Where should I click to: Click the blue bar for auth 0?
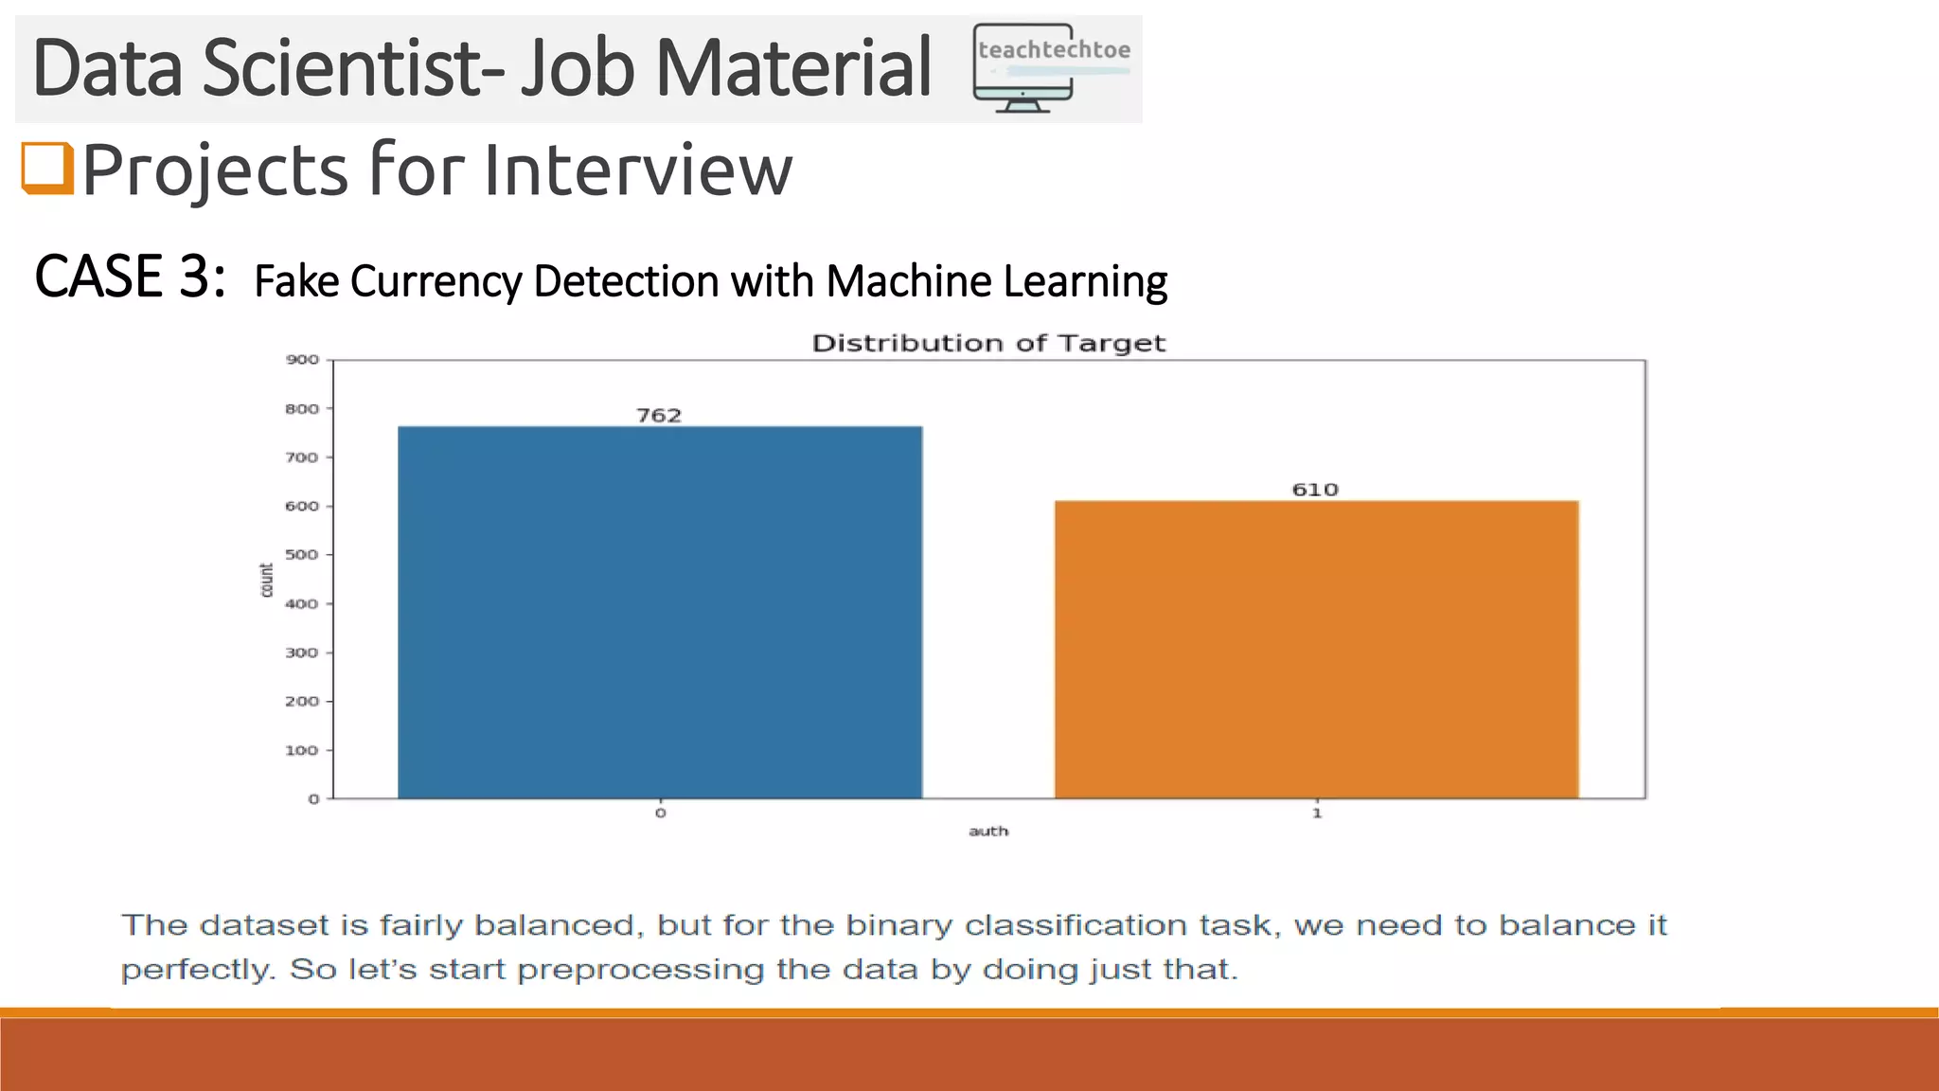660,612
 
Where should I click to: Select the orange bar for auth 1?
1316,650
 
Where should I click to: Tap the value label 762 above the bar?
659,415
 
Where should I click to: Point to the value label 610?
1315,490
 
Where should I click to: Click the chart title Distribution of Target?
988,343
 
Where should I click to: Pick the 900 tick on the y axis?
303,360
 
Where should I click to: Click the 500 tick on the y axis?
303,555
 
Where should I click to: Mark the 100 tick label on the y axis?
303,750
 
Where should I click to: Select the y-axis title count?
266,580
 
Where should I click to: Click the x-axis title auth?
988,832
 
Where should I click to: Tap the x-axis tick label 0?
660,813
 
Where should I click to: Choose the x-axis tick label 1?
1316,813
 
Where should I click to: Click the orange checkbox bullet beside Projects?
47,168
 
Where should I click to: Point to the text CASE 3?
130,277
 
